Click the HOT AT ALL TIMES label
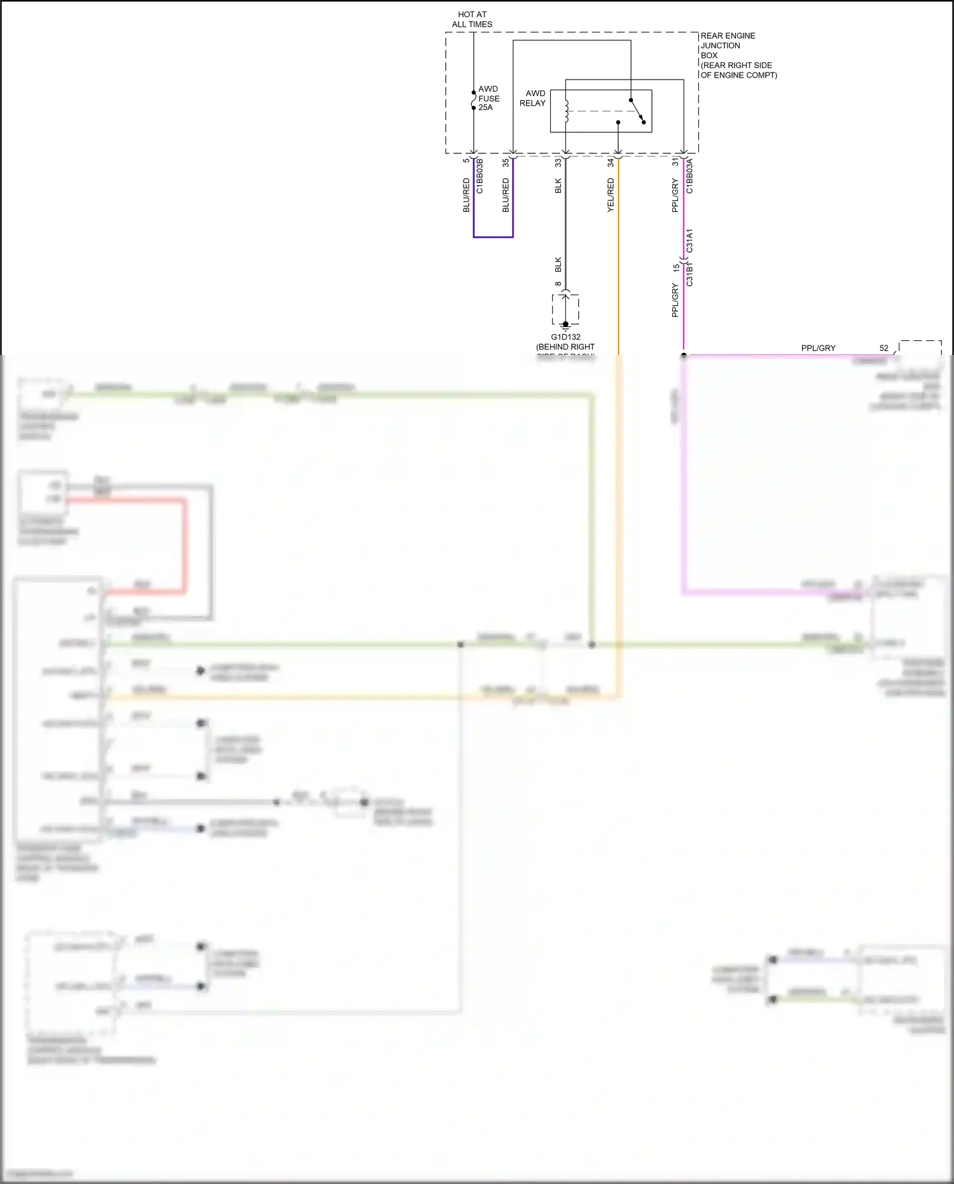[x=472, y=19]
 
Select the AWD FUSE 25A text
[x=488, y=98]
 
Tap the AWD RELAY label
[x=533, y=98]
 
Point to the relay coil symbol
[x=566, y=111]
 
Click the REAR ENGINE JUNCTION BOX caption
[x=738, y=55]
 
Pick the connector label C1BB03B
[x=480, y=176]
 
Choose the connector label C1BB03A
[x=690, y=176]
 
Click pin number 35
[x=506, y=163]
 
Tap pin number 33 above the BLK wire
[x=558, y=163]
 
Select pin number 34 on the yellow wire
[x=611, y=163]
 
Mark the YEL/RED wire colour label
[x=611, y=195]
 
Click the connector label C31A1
[x=690, y=240]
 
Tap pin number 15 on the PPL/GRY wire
[x=676, y=268]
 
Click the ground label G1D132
[x=565, y=337]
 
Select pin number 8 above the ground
[x=558, y=284]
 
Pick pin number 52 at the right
[x=884, y=348]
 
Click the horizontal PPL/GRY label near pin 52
[x=818, y=348]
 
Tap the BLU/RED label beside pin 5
[x=466, y=195]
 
